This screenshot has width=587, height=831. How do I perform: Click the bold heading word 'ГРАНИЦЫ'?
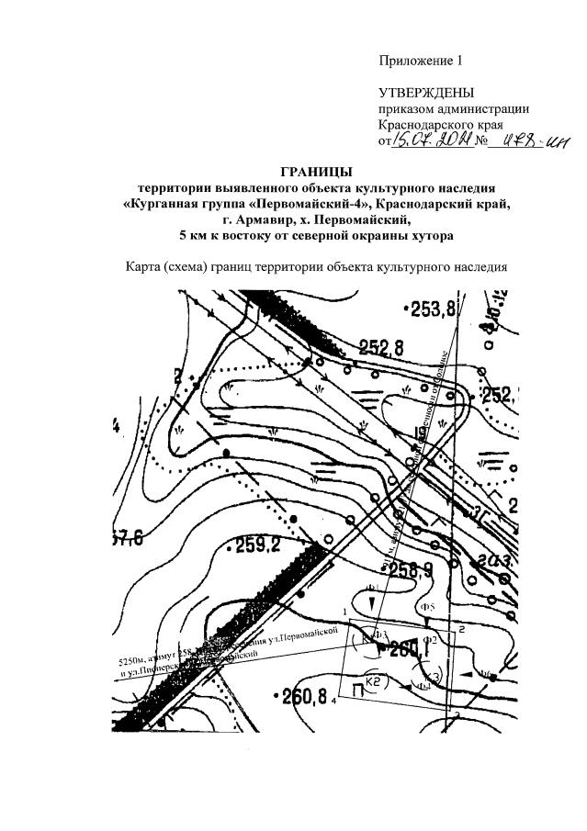[x=316, y=172]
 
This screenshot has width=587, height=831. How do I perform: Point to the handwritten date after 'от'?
[x=431, y=140]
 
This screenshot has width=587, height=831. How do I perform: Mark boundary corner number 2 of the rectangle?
[x=462, y=629]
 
